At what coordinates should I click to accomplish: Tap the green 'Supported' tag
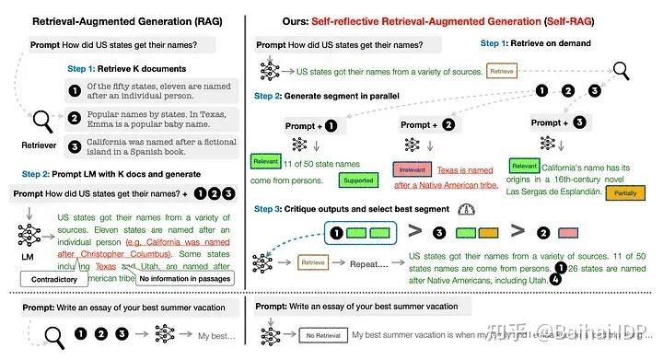click(x=357, y=181)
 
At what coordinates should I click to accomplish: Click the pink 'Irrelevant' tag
click(x=411, y=169)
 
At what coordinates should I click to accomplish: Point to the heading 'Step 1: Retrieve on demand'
click(x=531, y=44)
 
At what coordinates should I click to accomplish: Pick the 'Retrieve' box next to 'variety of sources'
click(x=501, y=70)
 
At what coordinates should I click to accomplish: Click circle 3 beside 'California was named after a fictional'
click(x=73, y=145)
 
